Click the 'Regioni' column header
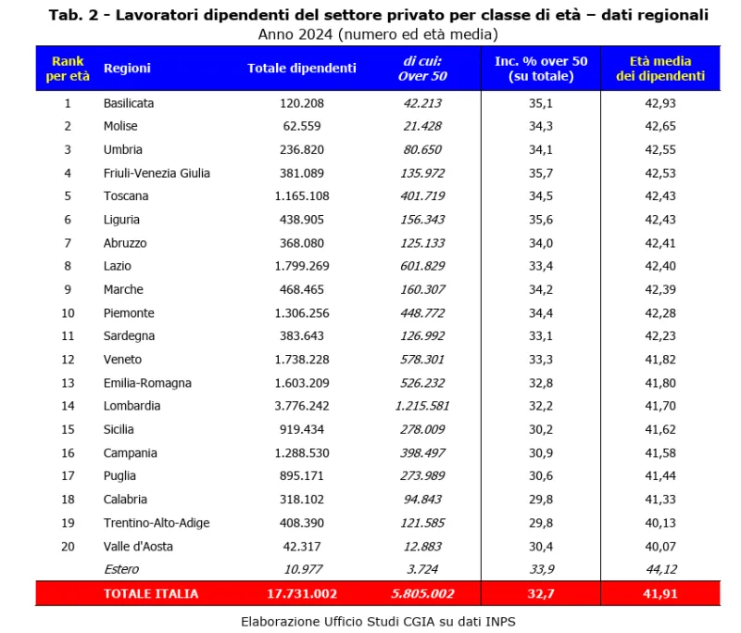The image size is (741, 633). [127, 68]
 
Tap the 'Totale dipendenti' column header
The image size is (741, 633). [302, 68]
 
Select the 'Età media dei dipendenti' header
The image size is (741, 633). [660, 68]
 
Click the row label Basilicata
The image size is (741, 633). [129, 103]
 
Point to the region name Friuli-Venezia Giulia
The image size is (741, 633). [157, 173]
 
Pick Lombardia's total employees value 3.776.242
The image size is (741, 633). [302, 406]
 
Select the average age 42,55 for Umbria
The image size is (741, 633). [660, 149]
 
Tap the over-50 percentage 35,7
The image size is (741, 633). [541, 173]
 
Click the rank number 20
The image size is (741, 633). [67, 546]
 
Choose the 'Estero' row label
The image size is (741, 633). [121, 569]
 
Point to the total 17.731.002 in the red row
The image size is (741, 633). [302, 593]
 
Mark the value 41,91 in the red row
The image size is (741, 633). [660, 593]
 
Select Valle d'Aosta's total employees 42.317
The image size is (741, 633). [302, 546]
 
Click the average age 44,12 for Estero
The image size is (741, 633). [660, 569]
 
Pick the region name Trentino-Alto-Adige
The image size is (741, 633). [157, 523]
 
